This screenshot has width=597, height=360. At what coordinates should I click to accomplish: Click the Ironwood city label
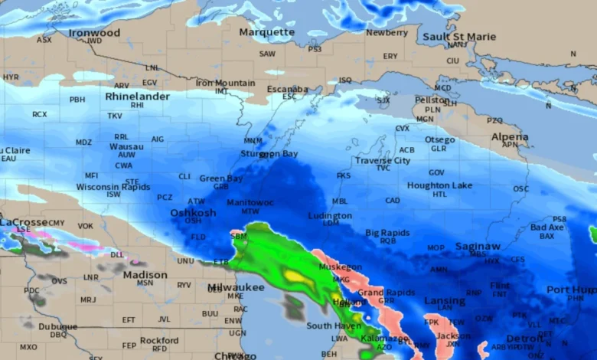click(94, 33)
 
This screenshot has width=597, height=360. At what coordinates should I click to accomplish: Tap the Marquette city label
click(266, 32)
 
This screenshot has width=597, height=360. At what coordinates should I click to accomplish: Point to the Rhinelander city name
click(137, 97)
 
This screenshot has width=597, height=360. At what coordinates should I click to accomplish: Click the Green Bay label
click(220, 178)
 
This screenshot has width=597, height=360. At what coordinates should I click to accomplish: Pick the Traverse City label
click(382, 161)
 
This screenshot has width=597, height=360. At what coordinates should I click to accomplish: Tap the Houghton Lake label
click(439, 185)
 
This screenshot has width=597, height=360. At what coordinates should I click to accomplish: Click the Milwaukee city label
click(236, 287)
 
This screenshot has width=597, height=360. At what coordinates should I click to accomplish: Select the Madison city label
click(145, 274)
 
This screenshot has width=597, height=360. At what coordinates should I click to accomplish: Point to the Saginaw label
click(478, 247)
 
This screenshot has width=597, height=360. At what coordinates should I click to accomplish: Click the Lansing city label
click(444, 301)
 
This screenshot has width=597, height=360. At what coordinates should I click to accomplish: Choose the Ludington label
click(330, 216)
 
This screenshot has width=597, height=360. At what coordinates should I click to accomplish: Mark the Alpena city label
click(510, 137)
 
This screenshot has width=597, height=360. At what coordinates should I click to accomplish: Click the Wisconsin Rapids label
click(113, 187)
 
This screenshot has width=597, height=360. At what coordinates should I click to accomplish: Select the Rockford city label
click(159, 340)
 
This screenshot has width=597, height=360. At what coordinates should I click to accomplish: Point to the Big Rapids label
click(388, 232)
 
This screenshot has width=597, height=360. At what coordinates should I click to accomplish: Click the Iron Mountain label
click(225, 83)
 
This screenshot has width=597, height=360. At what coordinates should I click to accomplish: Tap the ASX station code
click(44, 40)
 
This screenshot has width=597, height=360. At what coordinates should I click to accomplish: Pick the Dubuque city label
click(58, 326)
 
